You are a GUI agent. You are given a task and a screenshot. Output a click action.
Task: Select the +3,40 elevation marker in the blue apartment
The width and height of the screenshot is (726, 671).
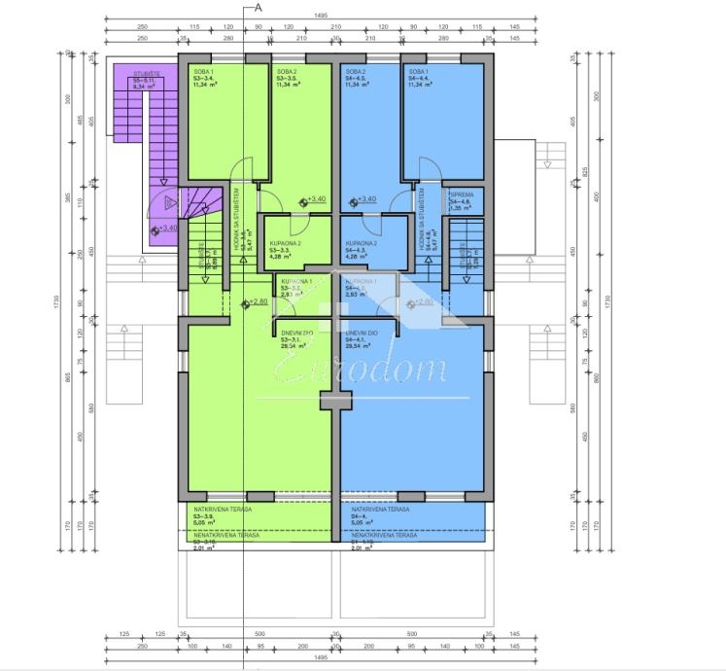tap(363, 199)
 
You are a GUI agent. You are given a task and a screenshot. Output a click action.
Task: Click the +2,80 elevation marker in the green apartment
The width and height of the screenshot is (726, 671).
tap(255, 302)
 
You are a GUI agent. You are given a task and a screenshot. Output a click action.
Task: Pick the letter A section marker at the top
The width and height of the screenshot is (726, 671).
tap(259, 7)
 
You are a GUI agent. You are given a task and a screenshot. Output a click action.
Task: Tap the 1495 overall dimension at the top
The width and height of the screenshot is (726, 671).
tap(320, 16)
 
